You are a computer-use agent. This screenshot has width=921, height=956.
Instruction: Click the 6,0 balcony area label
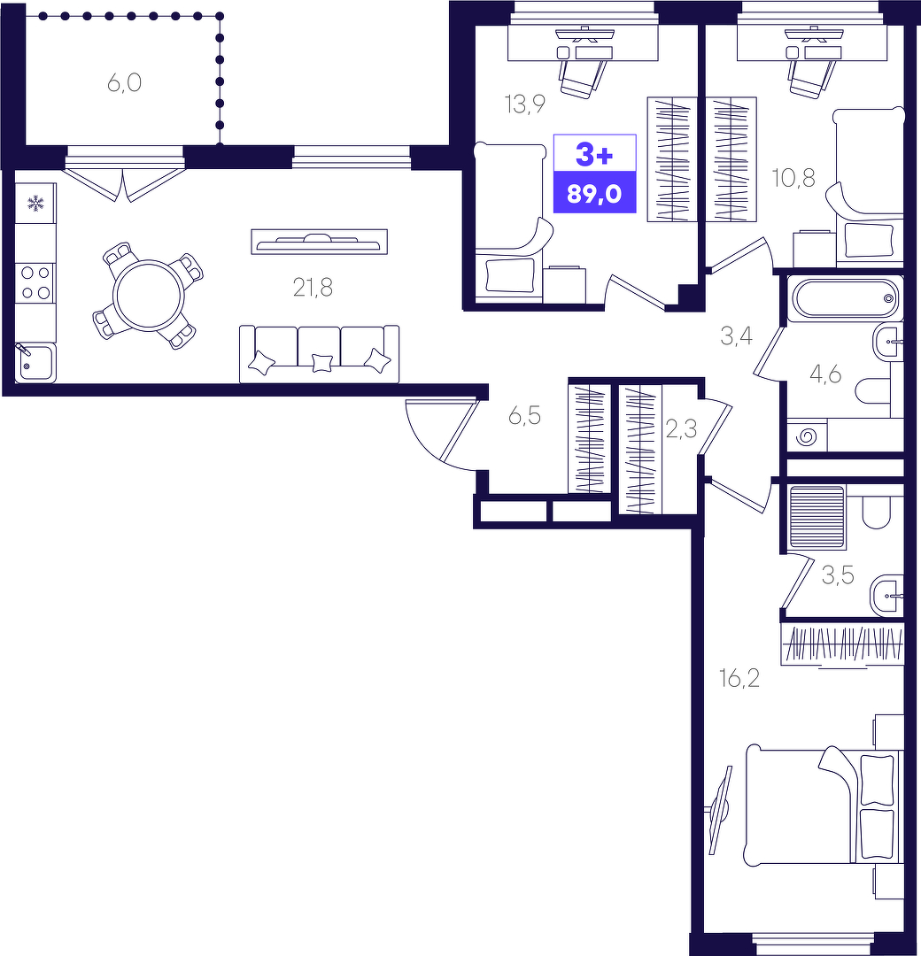click(125, 81)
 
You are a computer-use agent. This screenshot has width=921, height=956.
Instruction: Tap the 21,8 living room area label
click(313, 287)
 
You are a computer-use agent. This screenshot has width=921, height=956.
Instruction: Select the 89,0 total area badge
click(594, 194)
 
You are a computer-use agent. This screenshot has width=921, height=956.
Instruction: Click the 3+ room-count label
click(594, 154)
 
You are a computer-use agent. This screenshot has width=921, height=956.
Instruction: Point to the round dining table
click(148, 296)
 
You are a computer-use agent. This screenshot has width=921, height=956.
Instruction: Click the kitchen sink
click(35, 364)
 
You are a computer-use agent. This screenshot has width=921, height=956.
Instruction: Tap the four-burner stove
click(35, 283)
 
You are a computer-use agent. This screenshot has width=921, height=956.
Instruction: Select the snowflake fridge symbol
click(36, 203)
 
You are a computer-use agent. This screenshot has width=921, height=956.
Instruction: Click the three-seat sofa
click(319, 353)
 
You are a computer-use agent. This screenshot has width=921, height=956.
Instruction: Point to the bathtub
click(844, 298)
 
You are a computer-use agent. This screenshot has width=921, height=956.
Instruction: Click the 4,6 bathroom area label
click(825, 374)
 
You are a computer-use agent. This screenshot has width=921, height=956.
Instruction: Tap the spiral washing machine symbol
click(807, 436)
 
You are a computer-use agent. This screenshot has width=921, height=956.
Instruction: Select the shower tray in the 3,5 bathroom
click(817, 516)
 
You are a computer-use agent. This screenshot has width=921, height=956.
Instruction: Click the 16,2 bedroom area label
click(739, 678)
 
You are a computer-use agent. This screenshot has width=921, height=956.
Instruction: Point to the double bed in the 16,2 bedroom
click(823, 804)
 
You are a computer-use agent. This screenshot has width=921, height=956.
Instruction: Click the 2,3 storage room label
click(681, 430)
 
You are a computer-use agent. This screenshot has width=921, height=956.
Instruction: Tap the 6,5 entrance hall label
click(524, 416)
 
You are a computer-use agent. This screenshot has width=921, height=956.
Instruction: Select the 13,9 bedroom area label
click(524, 104)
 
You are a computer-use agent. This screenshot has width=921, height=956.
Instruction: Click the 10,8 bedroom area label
click(793, 178)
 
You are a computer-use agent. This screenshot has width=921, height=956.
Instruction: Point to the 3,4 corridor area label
click(736, 335)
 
